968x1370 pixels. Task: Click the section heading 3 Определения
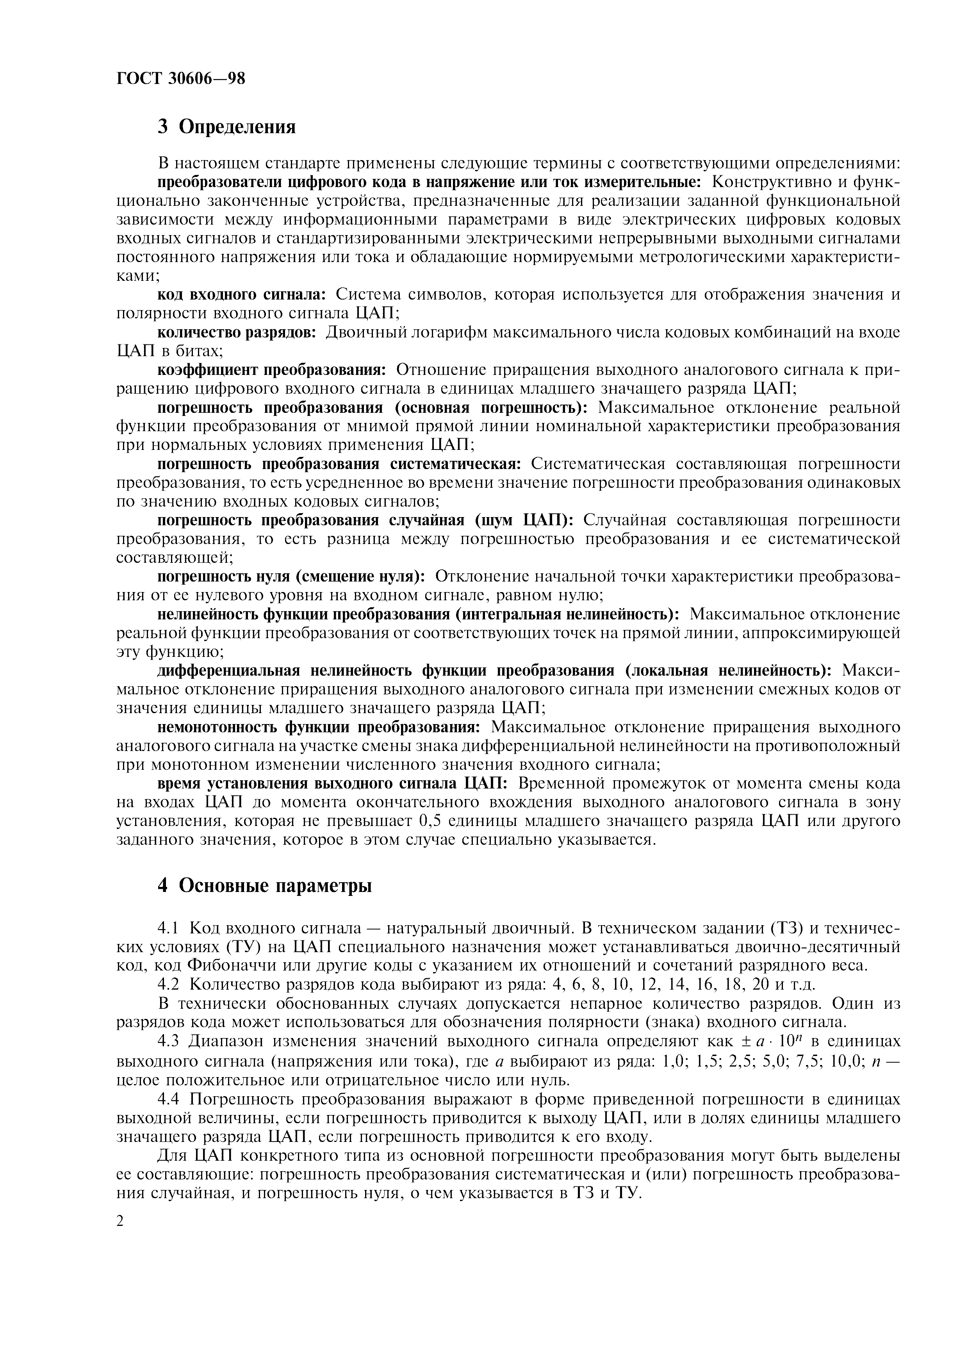226,127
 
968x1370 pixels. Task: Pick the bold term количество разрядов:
237,332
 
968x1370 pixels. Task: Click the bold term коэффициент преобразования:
272,369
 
